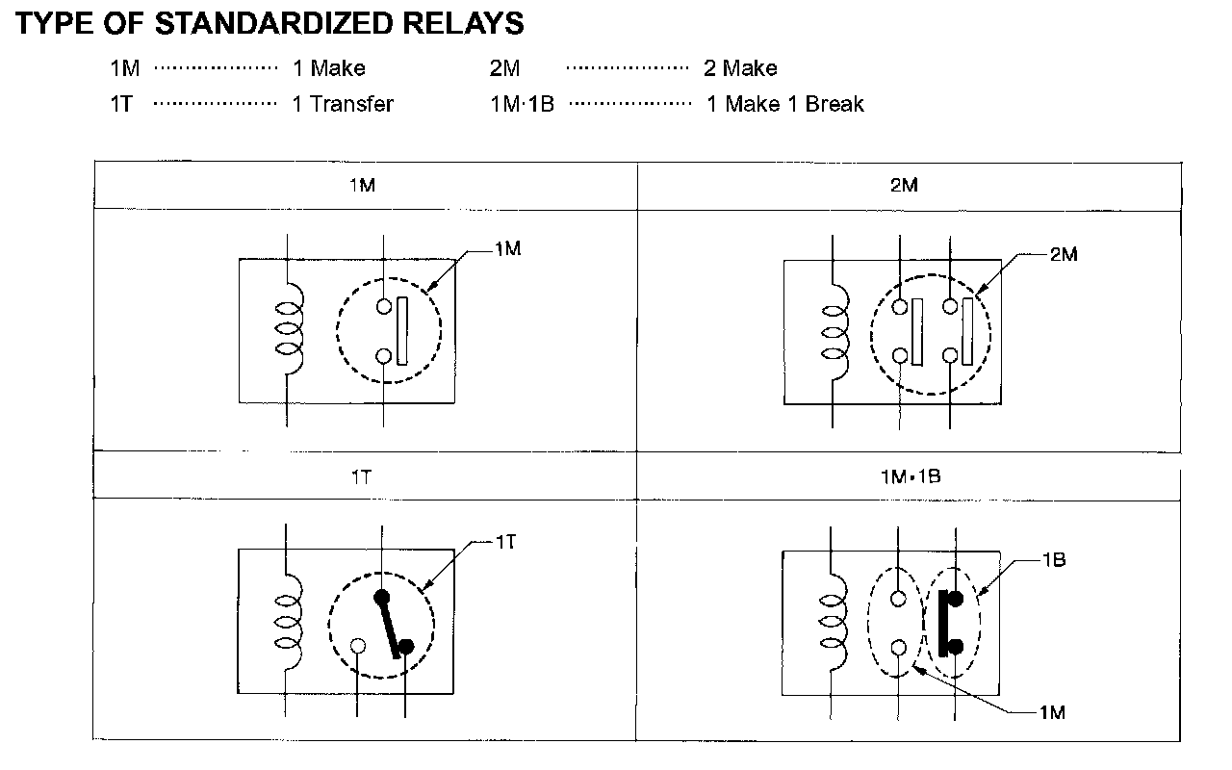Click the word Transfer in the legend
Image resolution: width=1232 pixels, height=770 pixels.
pyautogui.click(x=351, y=104)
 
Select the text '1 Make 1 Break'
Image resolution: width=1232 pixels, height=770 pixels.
pyautogui.click(x=784, y=104)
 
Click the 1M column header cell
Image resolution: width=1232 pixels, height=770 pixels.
pyautogui.click(x=364, y=186)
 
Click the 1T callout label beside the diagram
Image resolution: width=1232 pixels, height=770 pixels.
pyautogui.click(x=506, y=543)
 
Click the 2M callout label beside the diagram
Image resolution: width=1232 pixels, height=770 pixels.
pyautogui.click(x=1063, y=255)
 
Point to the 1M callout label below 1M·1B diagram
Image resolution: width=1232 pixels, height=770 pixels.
pyautogui.click(x=1051, y=712)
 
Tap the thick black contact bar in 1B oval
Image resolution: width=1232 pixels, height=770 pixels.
pyautogui.click(x=942, y=623)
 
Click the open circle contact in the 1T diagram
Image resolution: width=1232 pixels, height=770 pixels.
pyautogui.click(x=357, y=646)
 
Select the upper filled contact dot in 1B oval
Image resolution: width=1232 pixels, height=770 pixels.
pyautogui.click(x=956, y=599)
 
